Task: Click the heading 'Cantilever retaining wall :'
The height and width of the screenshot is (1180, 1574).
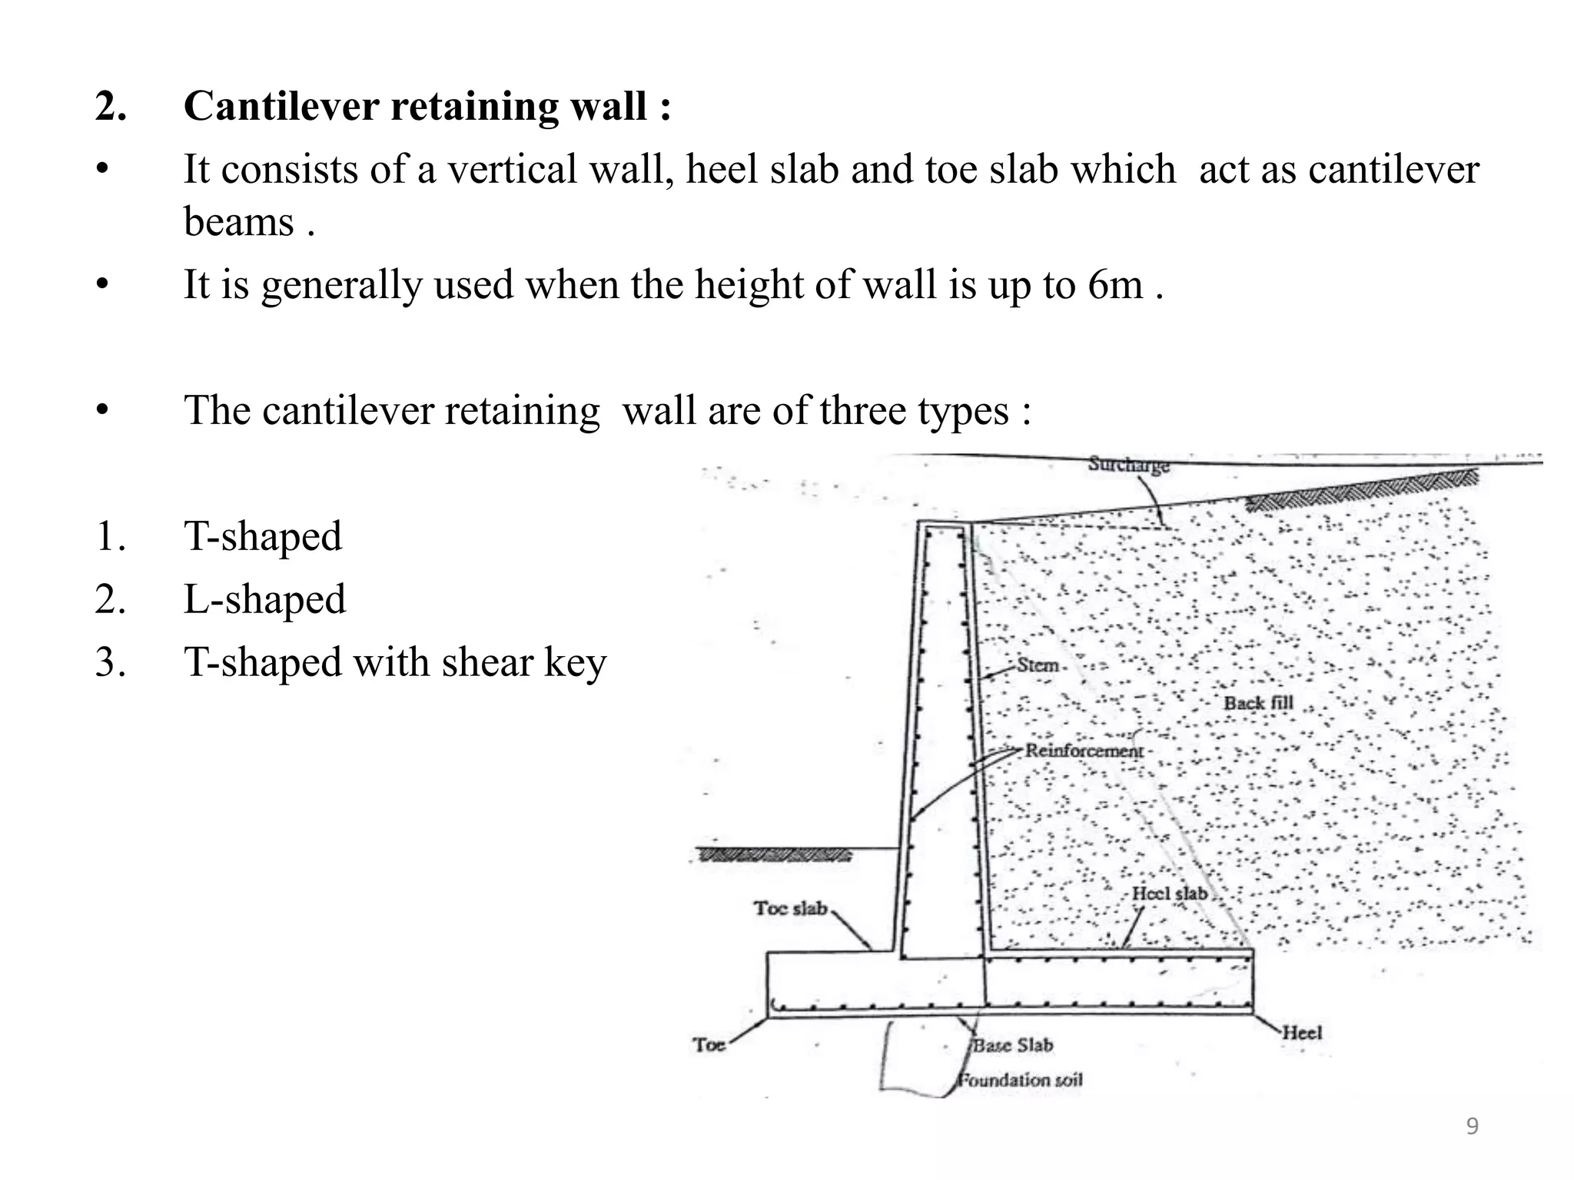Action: click(427, 106)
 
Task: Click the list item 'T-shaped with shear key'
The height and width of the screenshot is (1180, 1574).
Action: click(395, 662)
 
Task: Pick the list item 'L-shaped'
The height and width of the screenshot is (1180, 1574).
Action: click(264, 599)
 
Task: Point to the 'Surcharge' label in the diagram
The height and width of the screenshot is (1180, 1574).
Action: click(1128, 465)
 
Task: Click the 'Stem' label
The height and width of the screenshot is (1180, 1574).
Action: click(1038, 665)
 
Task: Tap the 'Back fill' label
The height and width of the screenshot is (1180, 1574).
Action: click(1258, 703)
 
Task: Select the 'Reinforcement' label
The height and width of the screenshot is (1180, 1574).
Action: click(1084, 751)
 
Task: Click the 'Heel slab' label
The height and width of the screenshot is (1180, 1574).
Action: click(1170, 893)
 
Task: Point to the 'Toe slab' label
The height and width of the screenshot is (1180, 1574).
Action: click(789, 908)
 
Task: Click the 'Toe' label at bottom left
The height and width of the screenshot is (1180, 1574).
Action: click(709, 1045)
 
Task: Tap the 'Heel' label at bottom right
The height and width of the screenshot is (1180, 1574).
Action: click(1301, 1033)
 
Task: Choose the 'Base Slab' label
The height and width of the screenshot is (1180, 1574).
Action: click(1013, 1046)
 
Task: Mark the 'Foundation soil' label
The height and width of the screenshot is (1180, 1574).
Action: click(1019, 1080)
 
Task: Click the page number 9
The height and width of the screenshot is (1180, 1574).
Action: click(1472, 1126)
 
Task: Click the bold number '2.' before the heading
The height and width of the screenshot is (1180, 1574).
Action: click(111, 106)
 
